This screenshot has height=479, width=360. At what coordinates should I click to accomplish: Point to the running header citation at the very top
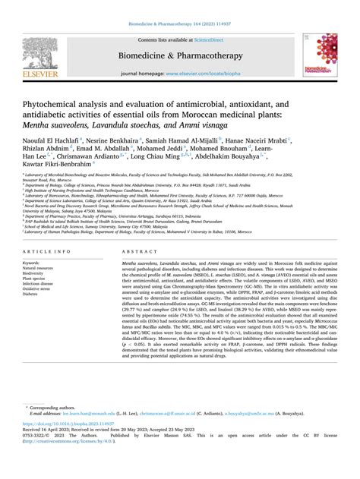(180, 5)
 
